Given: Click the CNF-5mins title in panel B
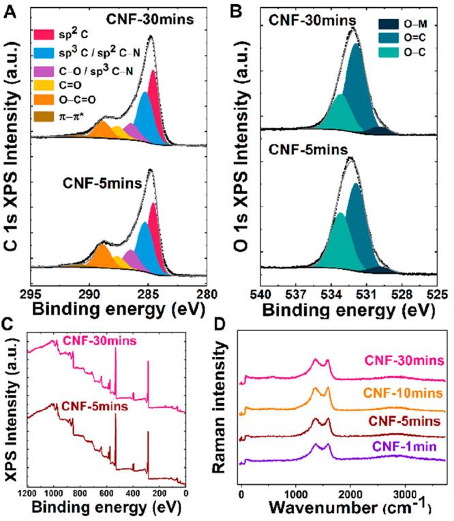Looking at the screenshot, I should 309,148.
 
